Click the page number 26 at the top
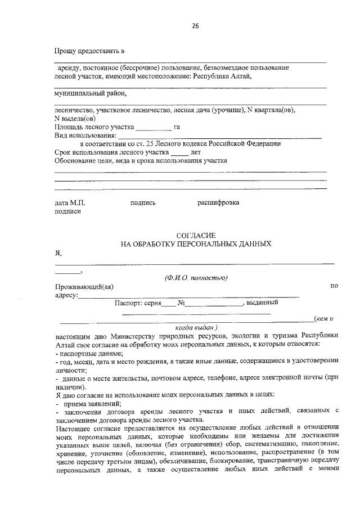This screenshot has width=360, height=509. pyautogui.click(x=195, y=26)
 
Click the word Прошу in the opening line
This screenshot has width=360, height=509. pyautogui.click(x=66, y=52)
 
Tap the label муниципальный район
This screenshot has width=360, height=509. pyautogui.click(x=87, y=93)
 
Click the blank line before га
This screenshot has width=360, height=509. pyautogui.click(x=154, y=127)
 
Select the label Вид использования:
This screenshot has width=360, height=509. pyautogui.click(x=86, y=136)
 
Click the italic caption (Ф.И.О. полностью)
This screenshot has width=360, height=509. pyautogui.click(x=196, y=277)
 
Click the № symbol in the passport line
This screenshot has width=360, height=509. pyautogui.click(x=182, y=303)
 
